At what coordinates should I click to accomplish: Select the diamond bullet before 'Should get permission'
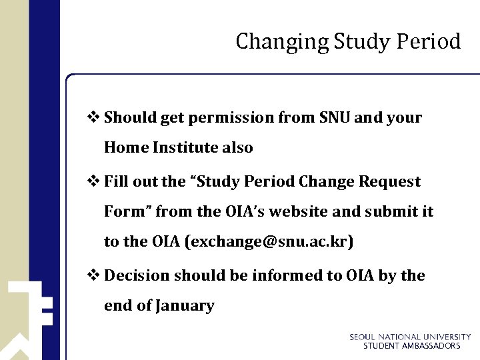(x=96, y=117)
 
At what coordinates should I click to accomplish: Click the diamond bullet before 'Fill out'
(x=96, y=181)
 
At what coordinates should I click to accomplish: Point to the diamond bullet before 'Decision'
(x=96, y=275)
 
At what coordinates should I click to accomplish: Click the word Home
(x=126, y=147)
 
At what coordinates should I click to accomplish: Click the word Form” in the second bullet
(x=129, y=212)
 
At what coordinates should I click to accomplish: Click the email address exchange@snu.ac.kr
(x=269, y=242)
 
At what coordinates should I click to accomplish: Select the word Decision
(x=137, y=275)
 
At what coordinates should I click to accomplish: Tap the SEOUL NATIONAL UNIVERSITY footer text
(x=410, y=337)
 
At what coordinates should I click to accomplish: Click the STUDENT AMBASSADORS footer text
(x=411, y=346)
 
